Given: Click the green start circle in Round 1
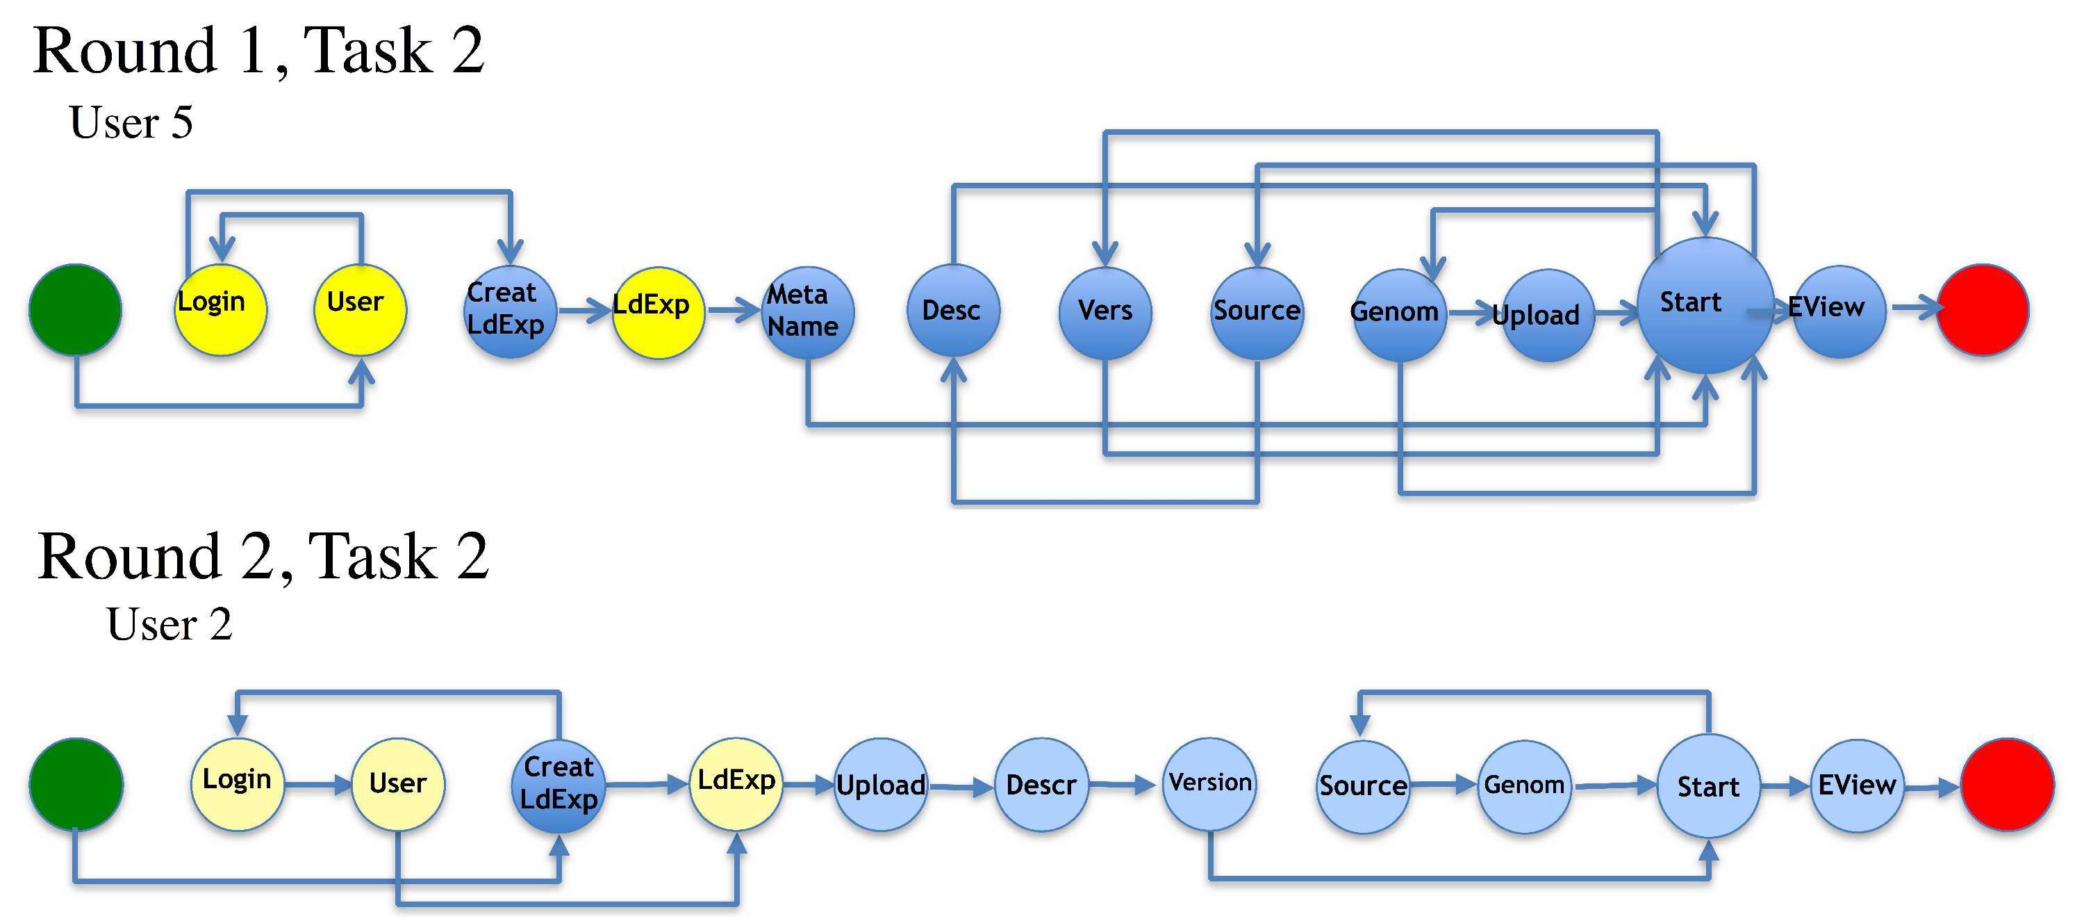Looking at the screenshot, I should pos(75,310).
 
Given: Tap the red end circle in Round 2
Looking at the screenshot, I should pos(2007,784).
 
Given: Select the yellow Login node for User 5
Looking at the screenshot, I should pos(220,310).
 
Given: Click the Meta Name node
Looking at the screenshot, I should pos(807,312).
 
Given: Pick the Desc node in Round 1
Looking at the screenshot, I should pos(953,311).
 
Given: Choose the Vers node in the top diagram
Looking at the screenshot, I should pos(1105,312).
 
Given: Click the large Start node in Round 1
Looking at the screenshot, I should pos(1705,306).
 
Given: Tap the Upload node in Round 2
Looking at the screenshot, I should pos(880,784).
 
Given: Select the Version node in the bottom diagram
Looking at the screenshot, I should pos(1209,783).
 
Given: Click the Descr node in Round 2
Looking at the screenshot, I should pos(1041,784).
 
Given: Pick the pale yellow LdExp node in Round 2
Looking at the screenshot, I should pos(736,783).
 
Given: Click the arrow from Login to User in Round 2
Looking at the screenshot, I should pos(317,784).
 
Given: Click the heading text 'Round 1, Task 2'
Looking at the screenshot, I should pos(258,50).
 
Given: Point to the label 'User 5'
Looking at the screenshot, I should pos(131,123).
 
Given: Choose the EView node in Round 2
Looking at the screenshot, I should pos(1856,785).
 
